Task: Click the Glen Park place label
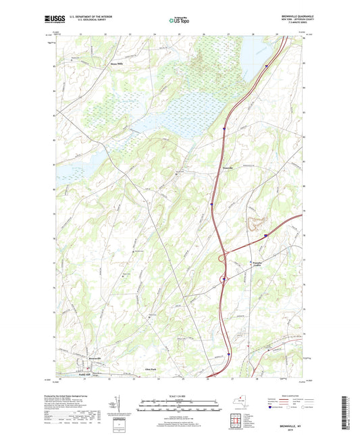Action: click(151, 369)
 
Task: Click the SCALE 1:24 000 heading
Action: click(180, 396)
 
